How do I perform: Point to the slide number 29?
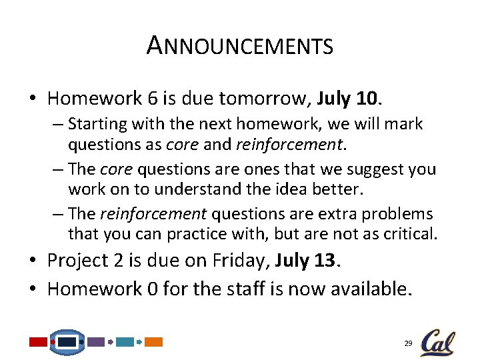pos(408,343)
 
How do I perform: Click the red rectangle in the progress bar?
pos(38,342)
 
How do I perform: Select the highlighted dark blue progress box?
pos(67,342)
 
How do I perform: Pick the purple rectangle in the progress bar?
pos(96,342)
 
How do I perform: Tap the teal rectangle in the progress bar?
pos(125,342)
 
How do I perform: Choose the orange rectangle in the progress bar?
pos(154,342)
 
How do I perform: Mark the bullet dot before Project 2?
pos(33,261)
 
